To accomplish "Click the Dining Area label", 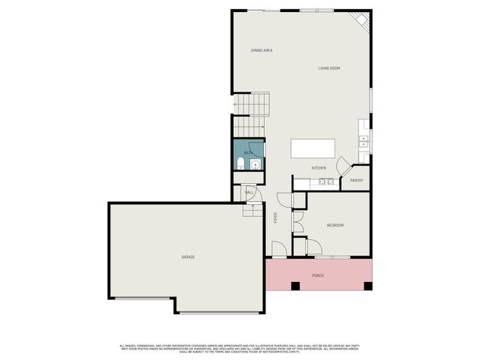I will tap(261, 50).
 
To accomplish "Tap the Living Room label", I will tap(329, 68).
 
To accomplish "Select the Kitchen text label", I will tap(319, 168).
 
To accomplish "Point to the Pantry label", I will tap(356, 180).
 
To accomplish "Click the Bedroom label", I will tap(335, 225).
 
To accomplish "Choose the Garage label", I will tap(187, 257).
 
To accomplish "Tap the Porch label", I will tap(318, 274).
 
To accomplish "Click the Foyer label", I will tap(275, 218).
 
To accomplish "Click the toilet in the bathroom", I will tap(239, 163).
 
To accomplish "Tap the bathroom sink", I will tap(255, 165).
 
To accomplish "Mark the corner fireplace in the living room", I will tap(361, 19).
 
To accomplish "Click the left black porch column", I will tap(295, 286).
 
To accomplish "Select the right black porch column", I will tap(367, 286).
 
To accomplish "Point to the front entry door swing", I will tap(278, 248).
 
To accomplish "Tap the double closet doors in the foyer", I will tap(296, 222).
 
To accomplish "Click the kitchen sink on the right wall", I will tap(363, 139).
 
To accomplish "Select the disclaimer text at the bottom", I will tap(240, 348).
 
